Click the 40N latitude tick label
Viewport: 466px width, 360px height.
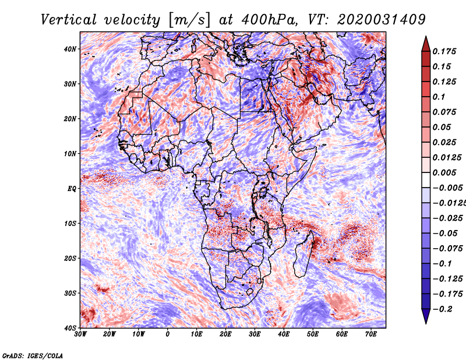click(x=70, y=49)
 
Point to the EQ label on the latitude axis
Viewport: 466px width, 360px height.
click(x=72, y=189)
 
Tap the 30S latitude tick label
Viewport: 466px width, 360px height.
click(x=70, y=293)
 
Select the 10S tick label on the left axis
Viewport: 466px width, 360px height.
click(x=70, y=223)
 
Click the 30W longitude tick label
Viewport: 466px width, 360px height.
click(x=80, y=334)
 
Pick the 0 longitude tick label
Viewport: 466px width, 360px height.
click(x=168, y=334)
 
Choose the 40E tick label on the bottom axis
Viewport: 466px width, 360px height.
click(x=284, y=334)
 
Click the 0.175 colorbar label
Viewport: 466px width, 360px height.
click(x=444, y=51)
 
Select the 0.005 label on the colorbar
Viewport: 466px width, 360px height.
click(x=444, y=172)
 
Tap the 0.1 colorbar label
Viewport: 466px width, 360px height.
click(x=439, y=97)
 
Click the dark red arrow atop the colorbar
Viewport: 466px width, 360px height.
click(x=426, y=44)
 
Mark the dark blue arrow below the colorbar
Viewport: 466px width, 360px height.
click(x=426, y=316)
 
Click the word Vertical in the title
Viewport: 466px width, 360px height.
click(x=68, y=20)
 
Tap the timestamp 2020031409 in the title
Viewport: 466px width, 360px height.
click(x=382, y=20)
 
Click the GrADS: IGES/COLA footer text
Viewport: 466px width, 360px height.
click(x=33, y=355)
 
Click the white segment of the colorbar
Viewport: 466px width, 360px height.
click(x=426, y=180)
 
